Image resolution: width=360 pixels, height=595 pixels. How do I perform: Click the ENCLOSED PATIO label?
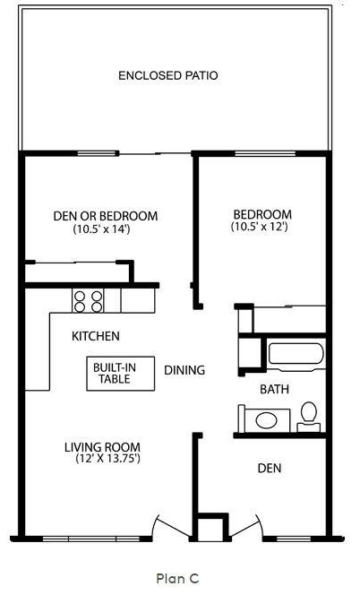pos(168,75)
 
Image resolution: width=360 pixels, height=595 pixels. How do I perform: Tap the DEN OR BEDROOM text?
pos(106,216)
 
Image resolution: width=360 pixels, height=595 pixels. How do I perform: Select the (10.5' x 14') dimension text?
pos(102,229)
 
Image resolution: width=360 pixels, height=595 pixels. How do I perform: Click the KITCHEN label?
pos(96,336)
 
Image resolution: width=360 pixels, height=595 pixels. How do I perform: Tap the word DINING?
pos(184,369)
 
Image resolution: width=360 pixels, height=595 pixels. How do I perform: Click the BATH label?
pos(274,389)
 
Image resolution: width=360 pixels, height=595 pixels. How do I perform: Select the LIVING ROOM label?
pos(103,446)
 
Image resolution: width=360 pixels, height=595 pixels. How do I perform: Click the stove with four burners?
pos(89,300)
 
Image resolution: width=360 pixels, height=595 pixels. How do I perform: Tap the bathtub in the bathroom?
pos(296,355)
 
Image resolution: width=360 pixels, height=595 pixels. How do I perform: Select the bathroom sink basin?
pos(267,419)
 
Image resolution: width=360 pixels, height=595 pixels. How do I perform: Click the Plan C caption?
pos(176,579)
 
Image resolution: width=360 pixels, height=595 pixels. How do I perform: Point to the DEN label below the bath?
pos(271,468)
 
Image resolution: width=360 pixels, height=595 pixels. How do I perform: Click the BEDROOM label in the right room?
pos(262,214)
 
